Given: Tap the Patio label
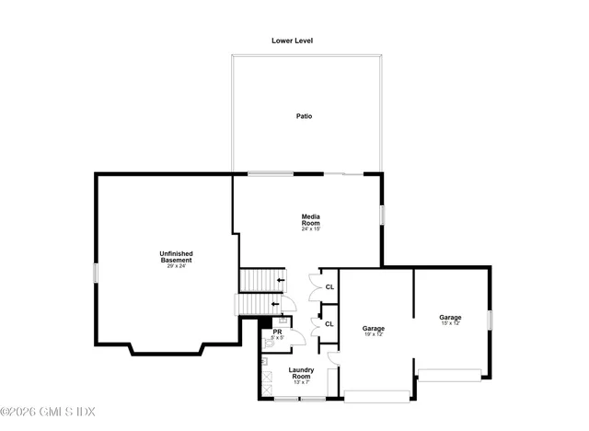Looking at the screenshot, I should click(x=304, y=117).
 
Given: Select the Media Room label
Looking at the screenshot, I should click(x=310, y=221).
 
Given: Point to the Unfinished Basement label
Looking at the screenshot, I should click(x=176, y=258).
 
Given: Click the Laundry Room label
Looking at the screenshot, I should click(x=302, y=373).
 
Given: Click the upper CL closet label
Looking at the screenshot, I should click(x=329, y=287).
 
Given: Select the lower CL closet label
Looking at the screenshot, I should click(x=329, y=324).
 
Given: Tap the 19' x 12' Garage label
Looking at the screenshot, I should click(x=373, y=331).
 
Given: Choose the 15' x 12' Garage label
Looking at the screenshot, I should click(x=449, y=320).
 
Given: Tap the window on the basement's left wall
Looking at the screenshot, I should click(x=95, y=274).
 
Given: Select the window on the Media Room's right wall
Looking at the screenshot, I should click(x=382, y=214).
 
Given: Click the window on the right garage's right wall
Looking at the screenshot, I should click(x=490, y=320).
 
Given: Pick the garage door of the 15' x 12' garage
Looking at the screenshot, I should click(x=450, y=375).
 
